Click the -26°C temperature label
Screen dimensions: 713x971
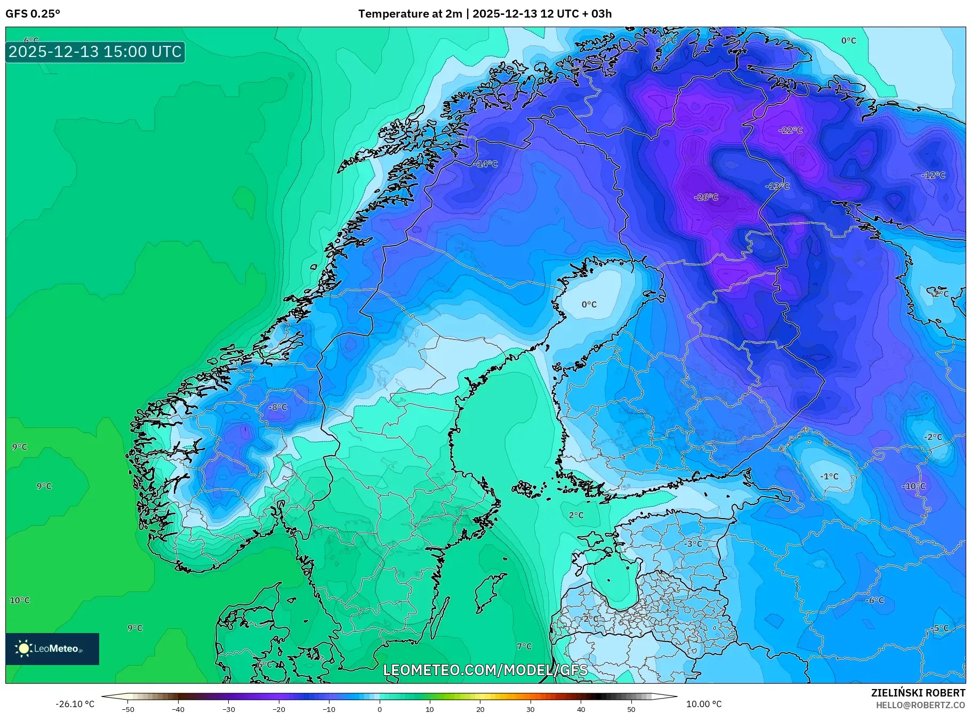(705, 197)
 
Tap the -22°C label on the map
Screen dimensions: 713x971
(790, 130)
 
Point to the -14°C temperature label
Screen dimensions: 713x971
(485, 164)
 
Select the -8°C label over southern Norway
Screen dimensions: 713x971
(277, 407)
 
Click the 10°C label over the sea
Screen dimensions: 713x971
(20, 600)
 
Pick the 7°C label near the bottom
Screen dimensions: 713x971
(524, 646)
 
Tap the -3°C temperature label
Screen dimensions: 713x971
(693, 544)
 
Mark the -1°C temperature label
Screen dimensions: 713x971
(829, 476)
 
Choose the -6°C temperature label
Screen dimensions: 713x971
(874, 600)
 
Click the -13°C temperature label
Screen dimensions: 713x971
(777, 186)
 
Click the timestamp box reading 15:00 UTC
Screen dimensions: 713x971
(95, 52)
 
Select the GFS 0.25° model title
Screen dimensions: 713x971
(33, 14)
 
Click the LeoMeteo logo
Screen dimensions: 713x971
(52, 649)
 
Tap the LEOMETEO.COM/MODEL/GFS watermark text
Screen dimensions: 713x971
(485, 670)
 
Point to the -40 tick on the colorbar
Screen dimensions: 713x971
(178, 709)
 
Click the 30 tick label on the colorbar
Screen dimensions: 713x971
(530, 709)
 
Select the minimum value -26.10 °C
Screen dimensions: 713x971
(75, 704)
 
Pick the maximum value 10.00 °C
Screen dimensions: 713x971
(703, 704)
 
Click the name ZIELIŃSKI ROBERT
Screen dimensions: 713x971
(918, 693)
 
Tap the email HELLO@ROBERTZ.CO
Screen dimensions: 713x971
(920, 705)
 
